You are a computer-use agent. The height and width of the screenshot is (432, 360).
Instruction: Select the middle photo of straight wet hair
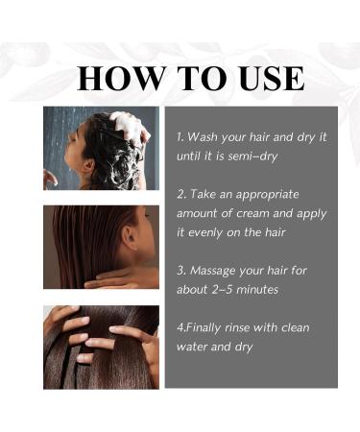click(101, 247)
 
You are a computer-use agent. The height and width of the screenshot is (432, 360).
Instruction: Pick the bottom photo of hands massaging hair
click(101, 347)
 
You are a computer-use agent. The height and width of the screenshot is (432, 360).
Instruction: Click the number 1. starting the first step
click(181, 136)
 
